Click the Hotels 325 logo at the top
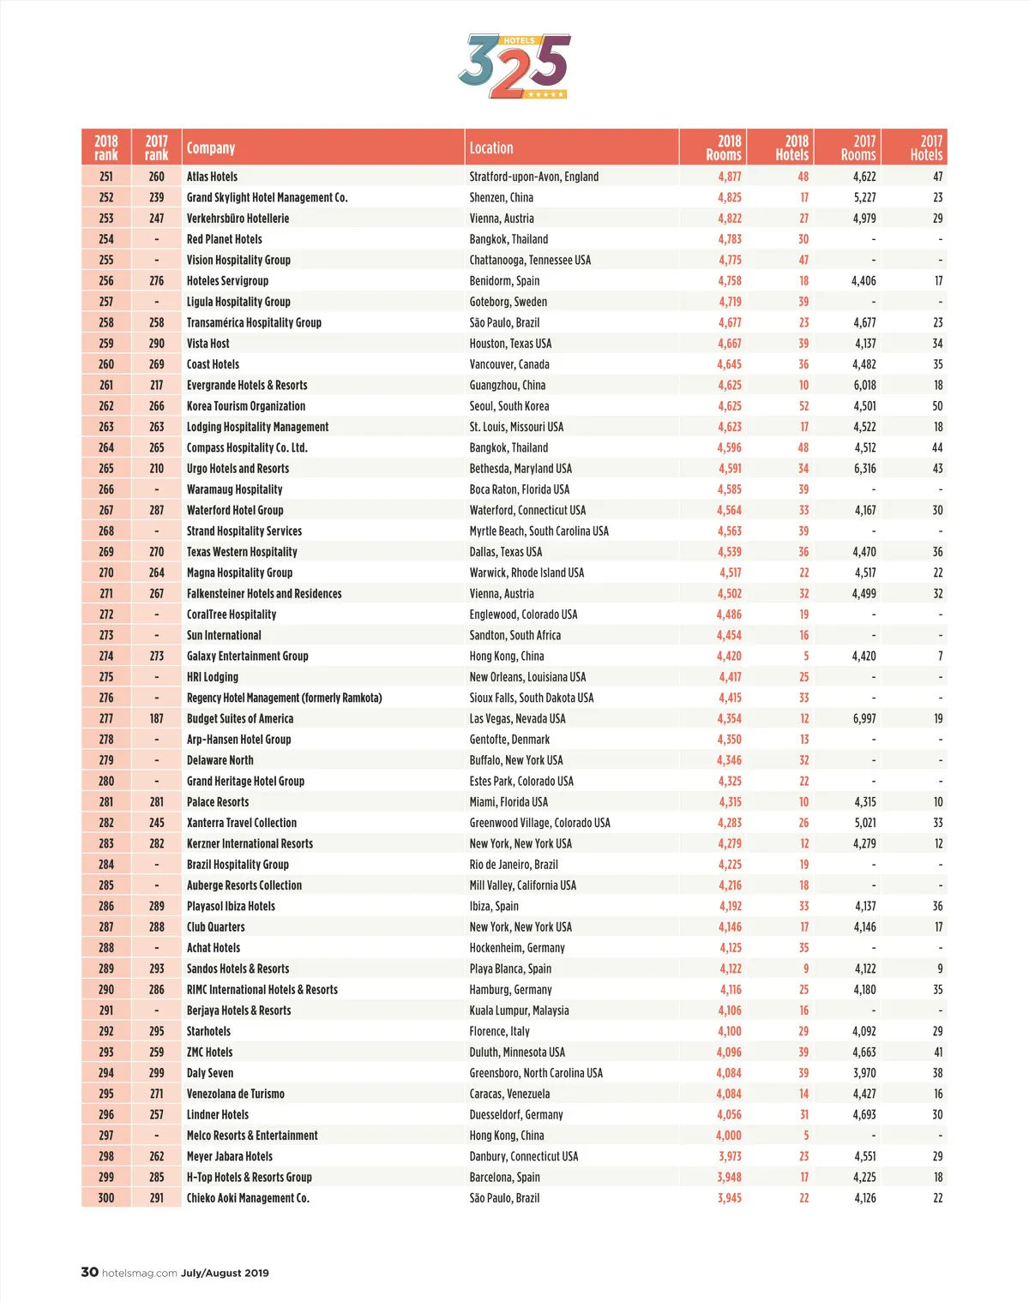(514, 67)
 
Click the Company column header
(211, 147)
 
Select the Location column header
(491, 147)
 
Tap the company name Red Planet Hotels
(225, 239)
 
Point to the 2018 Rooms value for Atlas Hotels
(730, 177)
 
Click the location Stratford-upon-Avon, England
(534, 177)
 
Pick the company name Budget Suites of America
(240, 718)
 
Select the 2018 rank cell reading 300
(106, 1197)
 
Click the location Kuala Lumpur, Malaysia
(519, 1010)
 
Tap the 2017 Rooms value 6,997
(864, 718)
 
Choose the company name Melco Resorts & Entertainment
(252, 1136)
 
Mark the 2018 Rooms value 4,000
(729, 1136)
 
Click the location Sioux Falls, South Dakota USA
(532, 698)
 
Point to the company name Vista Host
(208, 344)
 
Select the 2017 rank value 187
(156, 718)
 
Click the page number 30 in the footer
(89, 1272)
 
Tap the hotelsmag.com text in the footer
(139, 1273)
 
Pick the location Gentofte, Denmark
(509, 740)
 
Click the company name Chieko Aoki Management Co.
(248, 1197)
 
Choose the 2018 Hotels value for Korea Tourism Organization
(803, 406)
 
